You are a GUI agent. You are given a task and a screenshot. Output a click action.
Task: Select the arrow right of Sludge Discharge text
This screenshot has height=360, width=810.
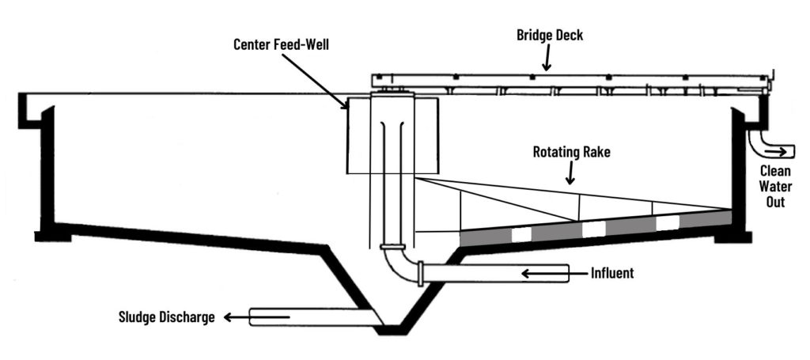point(230,318)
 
